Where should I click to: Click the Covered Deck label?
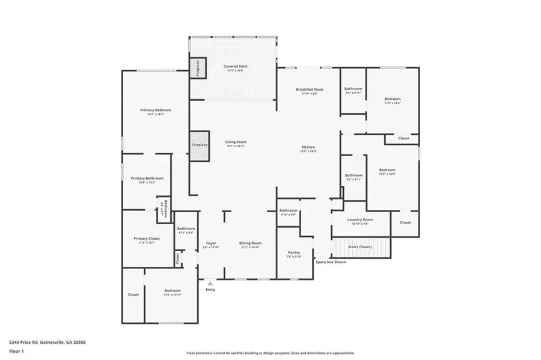235,67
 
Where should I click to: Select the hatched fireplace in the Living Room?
199,145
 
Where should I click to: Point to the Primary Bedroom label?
156,111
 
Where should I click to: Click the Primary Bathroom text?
147,178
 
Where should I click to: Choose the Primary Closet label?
146,239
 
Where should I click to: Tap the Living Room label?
236,142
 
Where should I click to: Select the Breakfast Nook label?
310,90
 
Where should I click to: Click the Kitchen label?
308,147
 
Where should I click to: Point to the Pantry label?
294,252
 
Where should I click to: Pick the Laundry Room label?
360,220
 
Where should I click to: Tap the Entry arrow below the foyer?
210,283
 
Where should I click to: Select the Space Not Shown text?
331,262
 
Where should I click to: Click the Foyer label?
211,243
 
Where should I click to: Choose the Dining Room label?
250,243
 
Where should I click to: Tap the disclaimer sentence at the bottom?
270,353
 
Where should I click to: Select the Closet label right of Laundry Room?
405,222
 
